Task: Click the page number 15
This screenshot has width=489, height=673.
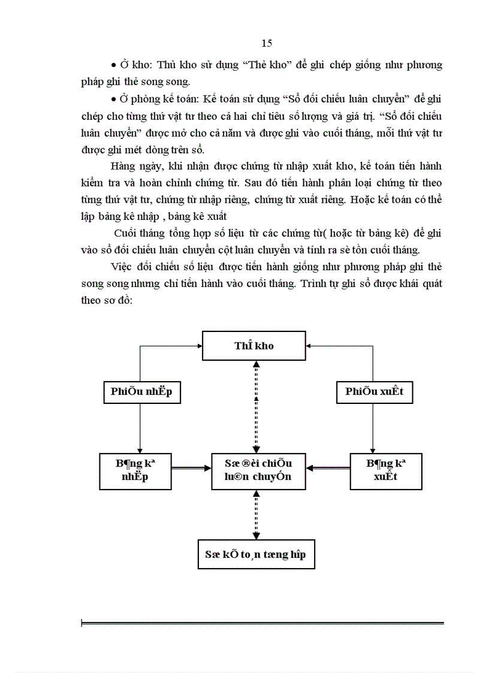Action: [x=267, y=43]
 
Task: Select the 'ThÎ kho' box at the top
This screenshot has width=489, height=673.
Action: [x=254, y=346]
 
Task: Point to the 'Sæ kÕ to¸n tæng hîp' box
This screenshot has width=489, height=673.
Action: [x=256, y=554]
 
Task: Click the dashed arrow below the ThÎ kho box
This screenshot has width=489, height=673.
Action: [x=256, y=408]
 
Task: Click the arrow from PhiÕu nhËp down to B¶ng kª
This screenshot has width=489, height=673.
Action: [x=140, y=428]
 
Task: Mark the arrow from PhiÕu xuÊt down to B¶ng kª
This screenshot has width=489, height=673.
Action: [x=374, y=428]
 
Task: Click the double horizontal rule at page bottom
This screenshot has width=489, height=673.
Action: [x=262, y=624]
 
